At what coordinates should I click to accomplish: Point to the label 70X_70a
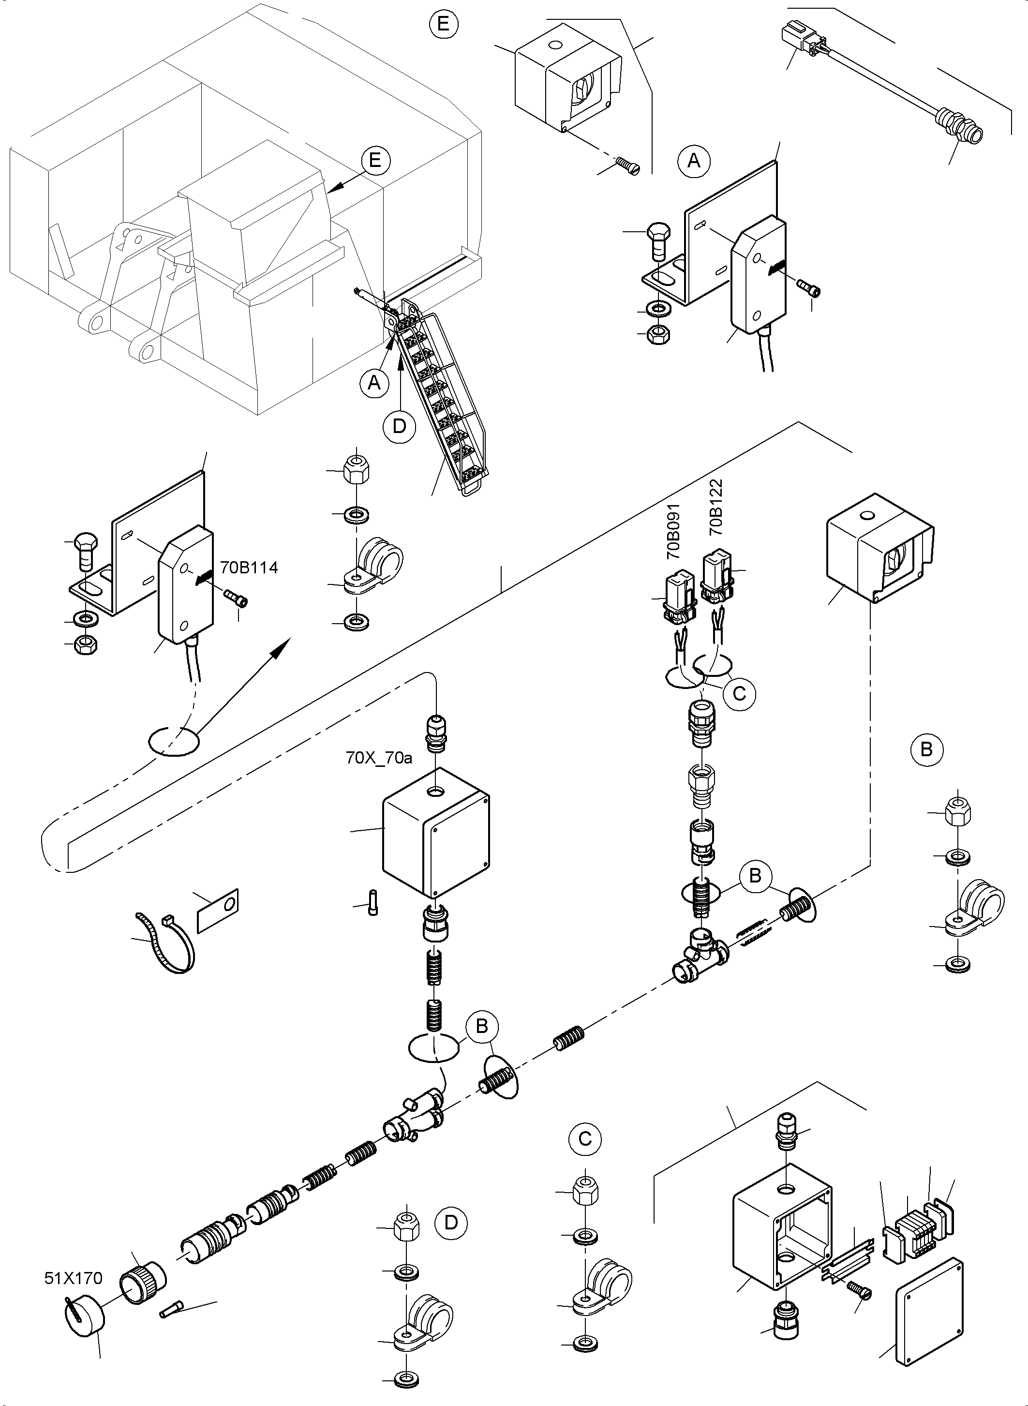coord(379,758)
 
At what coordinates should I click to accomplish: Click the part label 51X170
coord(74,1278)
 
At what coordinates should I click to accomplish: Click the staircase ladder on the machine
coord(442,398)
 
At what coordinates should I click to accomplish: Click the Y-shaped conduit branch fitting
coord(414,1121)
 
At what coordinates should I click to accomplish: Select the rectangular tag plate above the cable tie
coord(217,910)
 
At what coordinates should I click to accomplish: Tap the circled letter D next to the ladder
coord(400,426)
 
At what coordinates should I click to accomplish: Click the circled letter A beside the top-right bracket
coord(694,161)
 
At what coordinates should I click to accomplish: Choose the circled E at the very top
coord(443,24)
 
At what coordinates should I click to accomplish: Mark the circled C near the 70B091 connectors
coord(739,693)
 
